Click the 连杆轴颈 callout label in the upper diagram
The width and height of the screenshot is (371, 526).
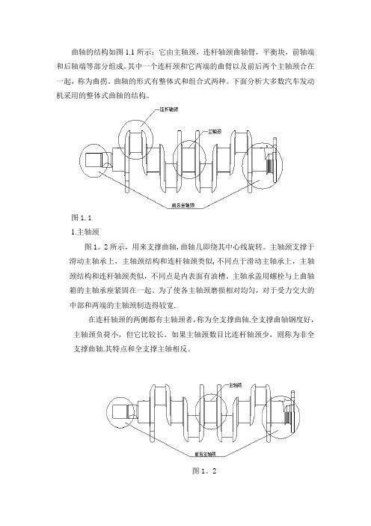click(168, 109)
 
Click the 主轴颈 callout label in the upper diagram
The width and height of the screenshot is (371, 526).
click(215, 132)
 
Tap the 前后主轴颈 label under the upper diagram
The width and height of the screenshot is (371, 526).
click(183, 205)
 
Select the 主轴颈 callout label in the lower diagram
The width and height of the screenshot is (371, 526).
click(235, 385)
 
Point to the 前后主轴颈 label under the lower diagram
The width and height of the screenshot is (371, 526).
click(205, 455)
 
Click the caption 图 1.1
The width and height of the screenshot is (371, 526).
click(82, 218)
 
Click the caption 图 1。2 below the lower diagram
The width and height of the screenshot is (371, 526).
click(204, 471)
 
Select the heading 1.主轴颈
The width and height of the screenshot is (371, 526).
click(85, 232)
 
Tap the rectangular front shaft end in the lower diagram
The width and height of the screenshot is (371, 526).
click(120, 412)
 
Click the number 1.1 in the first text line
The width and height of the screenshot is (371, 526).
click(129, 52)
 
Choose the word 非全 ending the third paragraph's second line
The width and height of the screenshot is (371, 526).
click(307, 335)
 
